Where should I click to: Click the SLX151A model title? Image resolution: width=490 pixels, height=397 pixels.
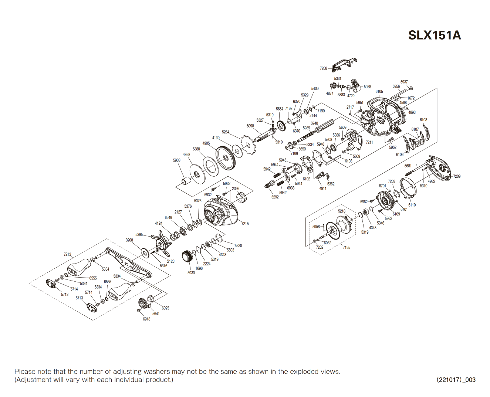coord(434,35)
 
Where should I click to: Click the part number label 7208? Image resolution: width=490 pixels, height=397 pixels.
coord(323,68)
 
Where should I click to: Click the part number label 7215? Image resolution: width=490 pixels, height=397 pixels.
coord(245,224)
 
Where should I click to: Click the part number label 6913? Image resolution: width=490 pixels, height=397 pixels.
coord(146,319)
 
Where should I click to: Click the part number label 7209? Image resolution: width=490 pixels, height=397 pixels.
coord(457,176)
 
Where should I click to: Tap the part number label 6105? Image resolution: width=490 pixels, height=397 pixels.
coord(379,92)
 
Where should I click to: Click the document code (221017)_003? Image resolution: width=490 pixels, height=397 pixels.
coord(456,380)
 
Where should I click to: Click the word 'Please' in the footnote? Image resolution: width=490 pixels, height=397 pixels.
coord(24,371)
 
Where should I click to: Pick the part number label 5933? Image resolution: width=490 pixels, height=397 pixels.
coord(177,160)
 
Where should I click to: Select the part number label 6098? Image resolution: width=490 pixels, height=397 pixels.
coord(250,126)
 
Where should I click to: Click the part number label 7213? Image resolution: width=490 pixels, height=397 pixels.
coord(67,254)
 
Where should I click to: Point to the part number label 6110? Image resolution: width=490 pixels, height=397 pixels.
coord(412,205)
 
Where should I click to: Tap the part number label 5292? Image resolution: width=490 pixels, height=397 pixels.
coord(275,197)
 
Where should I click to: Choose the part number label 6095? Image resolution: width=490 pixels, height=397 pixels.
coord(165,308)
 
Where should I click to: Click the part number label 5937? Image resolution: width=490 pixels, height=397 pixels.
coord(404,82)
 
